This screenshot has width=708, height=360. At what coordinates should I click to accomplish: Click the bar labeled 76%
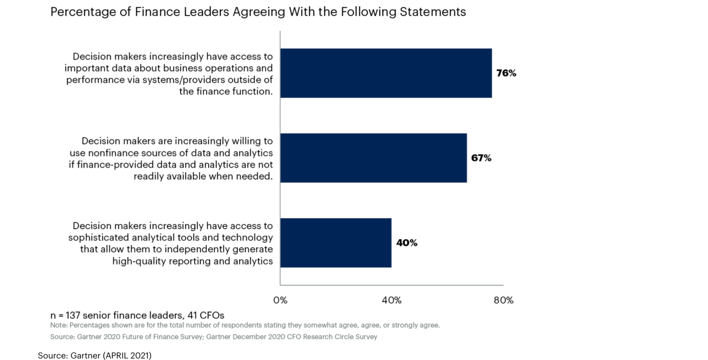pyautogui.click(x=386, y=73)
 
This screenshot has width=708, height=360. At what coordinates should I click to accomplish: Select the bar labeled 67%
pyautogui.click(x=373, y=158)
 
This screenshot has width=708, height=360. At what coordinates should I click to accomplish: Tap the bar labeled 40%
pyautogui.click(x=336, y=243)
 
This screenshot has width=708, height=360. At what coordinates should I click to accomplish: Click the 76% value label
pyautogui.click(x=506, y=73)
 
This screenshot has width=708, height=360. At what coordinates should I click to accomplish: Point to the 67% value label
pyautogui.click(x=481, y=158)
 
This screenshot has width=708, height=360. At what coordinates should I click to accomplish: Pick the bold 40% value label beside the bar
pyautogui.click(x=406, y=243)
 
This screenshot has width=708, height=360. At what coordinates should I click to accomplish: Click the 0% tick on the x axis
pyautogui.click(x=280, y=300)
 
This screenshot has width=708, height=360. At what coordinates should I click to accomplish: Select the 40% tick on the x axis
pyautogui.click(x=392, y=300)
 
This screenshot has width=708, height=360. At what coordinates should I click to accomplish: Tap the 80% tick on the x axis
pyautogui.click(x=503, y=300)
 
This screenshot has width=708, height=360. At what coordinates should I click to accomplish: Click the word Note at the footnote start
pyautogui.click(x=59, y=325)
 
